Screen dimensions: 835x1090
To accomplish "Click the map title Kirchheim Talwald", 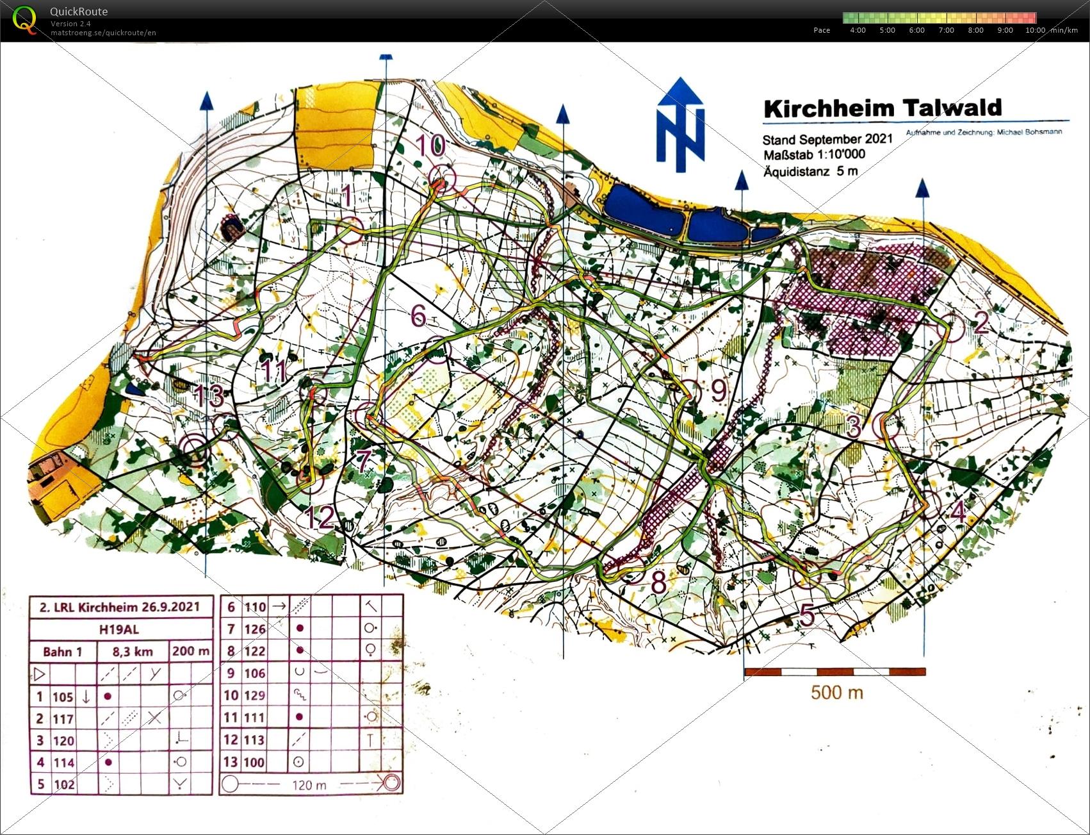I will pyautogui.click(x=882, y=108).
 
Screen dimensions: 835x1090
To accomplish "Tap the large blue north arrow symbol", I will pyautogui.click(x=680, y=125).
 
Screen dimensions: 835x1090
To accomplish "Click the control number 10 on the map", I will pyautogui.click(x=430, y=145).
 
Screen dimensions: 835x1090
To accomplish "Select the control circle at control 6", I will pyautogui.click(x=437, y=350).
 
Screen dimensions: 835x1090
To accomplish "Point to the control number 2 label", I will pyautogui.click(x=980, y=322).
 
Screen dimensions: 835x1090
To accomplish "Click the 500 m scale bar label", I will pyautogui.click(x=836, y=693).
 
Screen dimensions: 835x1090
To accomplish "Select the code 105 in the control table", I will pyautogui.click(x=63, y=697).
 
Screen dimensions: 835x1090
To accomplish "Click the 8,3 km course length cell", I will pyautogui.click(x=133, y=652).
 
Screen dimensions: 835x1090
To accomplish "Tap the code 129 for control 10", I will pyautogui.click(x=254, y=695).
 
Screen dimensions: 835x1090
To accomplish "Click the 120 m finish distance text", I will pyautogui.click(x=309, y=785).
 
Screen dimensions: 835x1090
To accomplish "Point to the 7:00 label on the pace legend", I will pyautogui.click(x=946, y=30).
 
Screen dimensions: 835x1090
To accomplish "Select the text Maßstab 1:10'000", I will pyautogui.click(x=813, y=154).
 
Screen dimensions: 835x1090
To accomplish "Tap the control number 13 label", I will pyautogui.click(x=209, y=395).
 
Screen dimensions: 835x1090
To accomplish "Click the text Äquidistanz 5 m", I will pyautogui.click(x=810, y=171).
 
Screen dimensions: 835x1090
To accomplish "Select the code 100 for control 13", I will pyautogui.click(x=254, y=762).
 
